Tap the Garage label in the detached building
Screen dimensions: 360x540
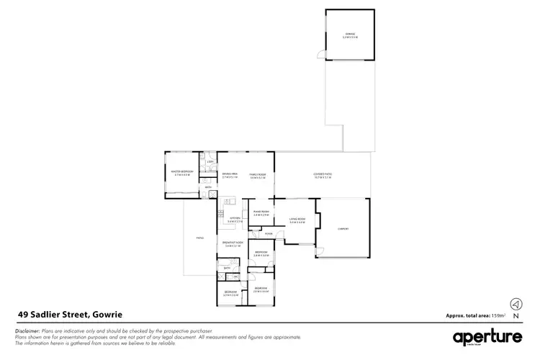(350, 34)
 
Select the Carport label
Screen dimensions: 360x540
(343, 230)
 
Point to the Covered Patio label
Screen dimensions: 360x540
(322, 174)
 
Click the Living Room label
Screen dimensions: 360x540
(297, 219)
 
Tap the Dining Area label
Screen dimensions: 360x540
(230, 174)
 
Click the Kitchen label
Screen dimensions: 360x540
(234, 218)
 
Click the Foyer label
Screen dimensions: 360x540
(268, 234)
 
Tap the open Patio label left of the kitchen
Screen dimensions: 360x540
(199, 238)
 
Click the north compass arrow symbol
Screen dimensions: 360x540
(516, 304)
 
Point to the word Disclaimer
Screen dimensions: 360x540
(28, 330)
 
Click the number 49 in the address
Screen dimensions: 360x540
(23, 314)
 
